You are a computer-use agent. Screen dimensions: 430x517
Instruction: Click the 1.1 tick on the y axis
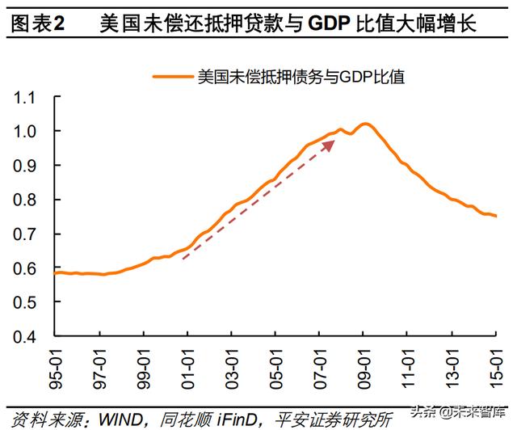coord(27,98)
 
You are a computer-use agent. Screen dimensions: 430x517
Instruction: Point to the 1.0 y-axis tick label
coord(27,132)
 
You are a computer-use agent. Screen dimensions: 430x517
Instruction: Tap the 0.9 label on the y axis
coord(27,166)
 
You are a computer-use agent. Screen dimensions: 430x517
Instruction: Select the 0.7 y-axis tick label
coord(27,234)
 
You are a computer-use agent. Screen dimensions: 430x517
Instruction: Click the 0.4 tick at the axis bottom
coord(27,336)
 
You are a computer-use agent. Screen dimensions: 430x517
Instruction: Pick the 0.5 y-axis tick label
coord(27,302)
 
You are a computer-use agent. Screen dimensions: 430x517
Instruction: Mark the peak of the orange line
coord(365,124)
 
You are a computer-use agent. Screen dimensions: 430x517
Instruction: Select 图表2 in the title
coord(38,24)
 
